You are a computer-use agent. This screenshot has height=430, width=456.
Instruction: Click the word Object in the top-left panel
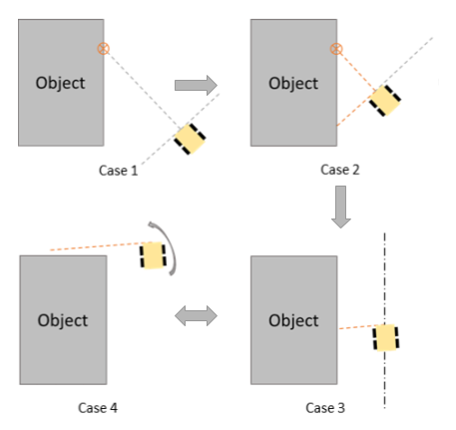click(x=60, y=83)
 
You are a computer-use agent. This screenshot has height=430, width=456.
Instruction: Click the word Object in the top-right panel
click(x=293, y=83)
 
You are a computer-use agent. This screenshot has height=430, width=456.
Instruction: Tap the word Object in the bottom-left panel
click(x=63, y=320)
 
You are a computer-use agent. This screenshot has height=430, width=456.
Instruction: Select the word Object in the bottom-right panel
click(x=293, y=320)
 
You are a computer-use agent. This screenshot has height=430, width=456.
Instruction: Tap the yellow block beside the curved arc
click(x=153, y=255)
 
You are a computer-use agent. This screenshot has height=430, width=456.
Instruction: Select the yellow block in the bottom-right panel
click(x=385, y=337)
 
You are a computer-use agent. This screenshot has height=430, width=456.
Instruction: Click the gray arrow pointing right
click(x=196, y=85)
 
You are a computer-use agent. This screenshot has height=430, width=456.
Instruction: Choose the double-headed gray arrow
click(x=196, y=316)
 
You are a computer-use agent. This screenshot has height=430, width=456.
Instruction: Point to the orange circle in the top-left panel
click(x=103, y=48)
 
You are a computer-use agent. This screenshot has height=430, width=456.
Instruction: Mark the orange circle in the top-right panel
click(x=336, y=48)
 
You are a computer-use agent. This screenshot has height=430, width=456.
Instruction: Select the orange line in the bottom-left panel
click(x=95, y=245)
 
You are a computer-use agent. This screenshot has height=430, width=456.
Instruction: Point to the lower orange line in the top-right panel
click(x=355, y=111)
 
